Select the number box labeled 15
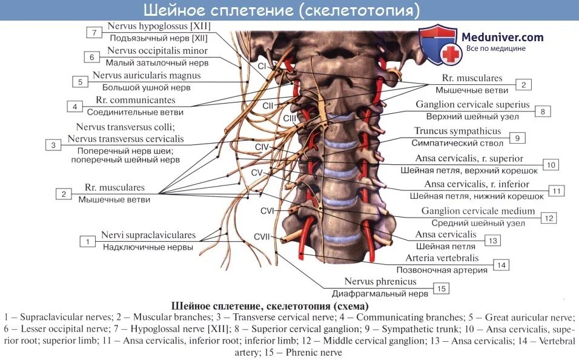442,288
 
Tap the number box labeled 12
549,218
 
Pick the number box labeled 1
88,241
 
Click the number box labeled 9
517,138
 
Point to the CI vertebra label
262,65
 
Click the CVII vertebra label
261,236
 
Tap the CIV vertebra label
262,147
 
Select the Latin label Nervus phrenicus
380,282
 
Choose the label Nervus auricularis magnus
146,76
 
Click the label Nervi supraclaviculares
148,235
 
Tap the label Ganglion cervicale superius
472,104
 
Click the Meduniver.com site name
503,37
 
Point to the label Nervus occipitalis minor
157,51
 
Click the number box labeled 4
74,107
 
